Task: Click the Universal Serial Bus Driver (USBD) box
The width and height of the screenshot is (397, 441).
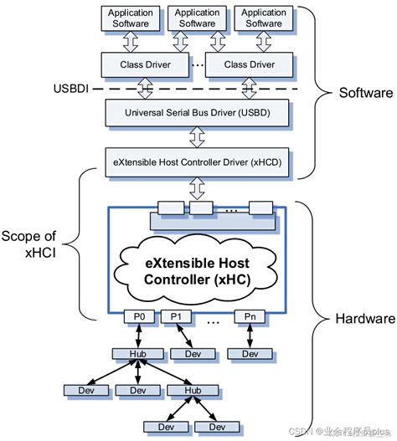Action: [x=197, y=111]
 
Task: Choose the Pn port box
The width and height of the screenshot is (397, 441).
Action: [x=250, y=316]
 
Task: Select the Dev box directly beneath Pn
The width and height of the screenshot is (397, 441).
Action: [x=250, y=354]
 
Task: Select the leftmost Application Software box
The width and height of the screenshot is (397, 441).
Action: [x=130, y=18]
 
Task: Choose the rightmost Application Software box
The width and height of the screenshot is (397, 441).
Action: [x=264, y=18]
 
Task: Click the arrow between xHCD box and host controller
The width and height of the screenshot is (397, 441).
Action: [x=197, y=185]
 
